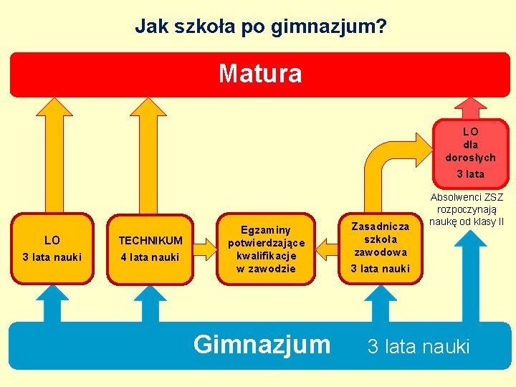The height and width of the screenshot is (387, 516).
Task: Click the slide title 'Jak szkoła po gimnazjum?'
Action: click(261, 27)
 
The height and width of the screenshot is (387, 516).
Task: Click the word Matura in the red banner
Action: click(260, 73)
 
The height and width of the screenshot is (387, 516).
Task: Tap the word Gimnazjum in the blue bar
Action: click(262, 345)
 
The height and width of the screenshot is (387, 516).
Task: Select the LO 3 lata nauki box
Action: click(52, 248)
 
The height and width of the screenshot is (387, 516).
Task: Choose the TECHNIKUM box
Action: click(150, 248)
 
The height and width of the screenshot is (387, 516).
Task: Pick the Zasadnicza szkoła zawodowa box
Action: click(380, 248)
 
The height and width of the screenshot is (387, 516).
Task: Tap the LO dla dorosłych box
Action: click(470, 152)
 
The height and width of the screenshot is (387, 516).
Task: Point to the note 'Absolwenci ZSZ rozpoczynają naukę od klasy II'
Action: click(467, 209)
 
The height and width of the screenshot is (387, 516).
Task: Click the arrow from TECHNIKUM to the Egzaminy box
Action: click(206, 249)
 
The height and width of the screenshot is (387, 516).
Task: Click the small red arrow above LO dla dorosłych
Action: click(470, 107)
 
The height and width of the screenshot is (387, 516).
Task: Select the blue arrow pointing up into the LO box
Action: click(52, 302)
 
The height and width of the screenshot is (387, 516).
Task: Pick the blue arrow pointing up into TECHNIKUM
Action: click(150, 302)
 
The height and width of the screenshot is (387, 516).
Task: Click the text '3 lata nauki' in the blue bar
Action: click(419, 347)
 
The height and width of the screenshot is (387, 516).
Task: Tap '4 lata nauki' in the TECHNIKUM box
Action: click(150, 257)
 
